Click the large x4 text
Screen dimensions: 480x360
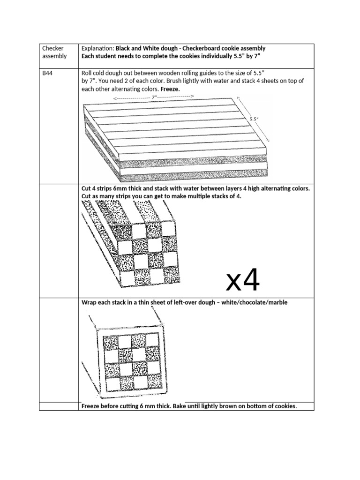pos(243,280)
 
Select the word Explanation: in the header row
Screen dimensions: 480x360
pos(97,48)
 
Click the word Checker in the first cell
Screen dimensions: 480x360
pos(52,48)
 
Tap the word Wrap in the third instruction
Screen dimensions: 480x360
pos(90,302)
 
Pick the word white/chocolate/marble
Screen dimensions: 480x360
pos(253,302)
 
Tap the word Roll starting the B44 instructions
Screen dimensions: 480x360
pos(87,73)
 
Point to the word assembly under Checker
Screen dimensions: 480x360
pos(54,56)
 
